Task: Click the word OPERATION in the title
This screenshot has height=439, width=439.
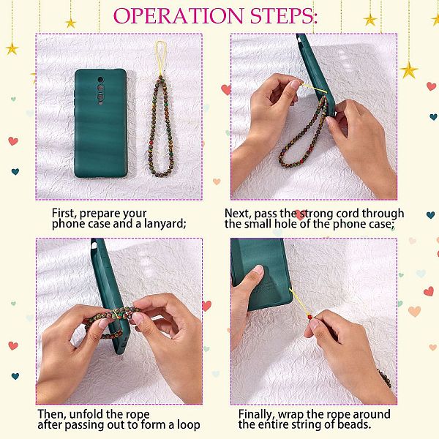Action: coord(179,15)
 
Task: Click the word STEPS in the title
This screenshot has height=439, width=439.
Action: coord(282,15)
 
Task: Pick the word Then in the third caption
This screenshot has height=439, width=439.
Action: coord(51,414)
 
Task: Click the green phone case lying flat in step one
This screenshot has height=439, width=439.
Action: coord(101,123)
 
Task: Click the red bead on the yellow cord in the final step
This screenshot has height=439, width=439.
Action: coord(309,318)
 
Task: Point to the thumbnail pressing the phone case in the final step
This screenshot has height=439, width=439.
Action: coord(258,271)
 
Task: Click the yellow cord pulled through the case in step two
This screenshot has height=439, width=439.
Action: coord(315,89)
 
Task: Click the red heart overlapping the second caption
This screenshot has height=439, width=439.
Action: coord(300,215)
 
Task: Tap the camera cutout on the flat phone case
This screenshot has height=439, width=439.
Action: coord(100,91)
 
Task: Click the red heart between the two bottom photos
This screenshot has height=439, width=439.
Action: coord(206,306)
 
